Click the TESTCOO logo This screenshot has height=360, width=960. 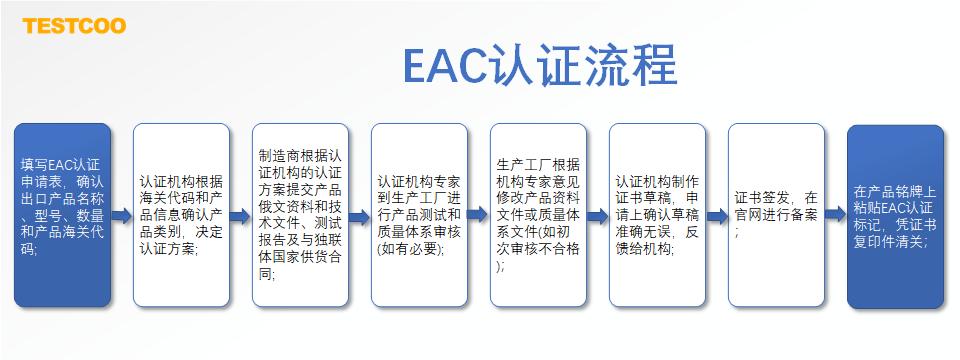point(75,25)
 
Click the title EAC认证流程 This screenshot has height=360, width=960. point(540,65)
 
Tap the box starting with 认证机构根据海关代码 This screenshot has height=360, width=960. point(181,216)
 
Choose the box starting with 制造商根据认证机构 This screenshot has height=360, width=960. point(300,216)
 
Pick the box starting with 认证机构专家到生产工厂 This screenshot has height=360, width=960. point(419,216)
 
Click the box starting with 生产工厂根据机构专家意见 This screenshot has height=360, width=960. point(538,216)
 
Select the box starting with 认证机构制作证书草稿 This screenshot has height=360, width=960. point(657,216)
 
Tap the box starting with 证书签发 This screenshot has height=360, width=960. point(776,216)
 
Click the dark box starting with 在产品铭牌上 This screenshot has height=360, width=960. point(895,216)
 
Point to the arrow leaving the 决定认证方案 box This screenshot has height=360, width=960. point(241,216)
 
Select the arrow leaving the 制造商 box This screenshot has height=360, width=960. point(360,216)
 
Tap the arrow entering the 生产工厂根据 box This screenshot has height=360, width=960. point(479,216)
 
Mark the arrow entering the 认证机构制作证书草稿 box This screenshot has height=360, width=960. point(598,216)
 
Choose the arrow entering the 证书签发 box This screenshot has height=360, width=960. point(717,216)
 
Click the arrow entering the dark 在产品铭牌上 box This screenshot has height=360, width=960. point(836,216)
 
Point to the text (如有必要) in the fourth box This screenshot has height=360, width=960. point(410,248)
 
